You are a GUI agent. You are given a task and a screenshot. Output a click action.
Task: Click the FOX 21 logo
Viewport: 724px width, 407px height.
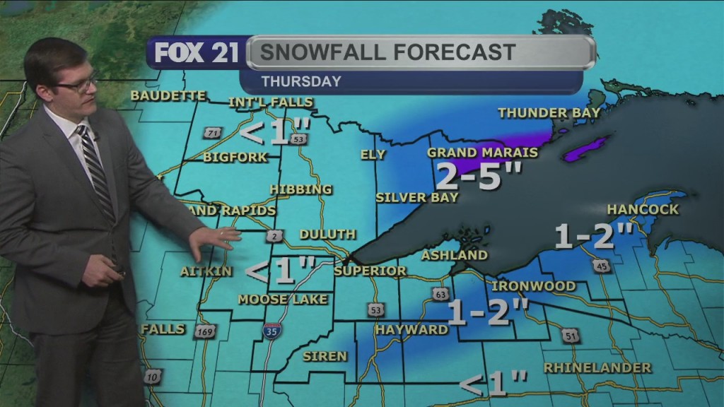point(197,54)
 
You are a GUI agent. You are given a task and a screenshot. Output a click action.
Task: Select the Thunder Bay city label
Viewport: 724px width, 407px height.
point(549,112)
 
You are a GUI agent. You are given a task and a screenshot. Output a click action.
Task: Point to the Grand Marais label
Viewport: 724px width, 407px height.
point(482,153)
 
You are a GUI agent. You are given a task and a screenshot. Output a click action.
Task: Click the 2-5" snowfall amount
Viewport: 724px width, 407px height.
point(468,175)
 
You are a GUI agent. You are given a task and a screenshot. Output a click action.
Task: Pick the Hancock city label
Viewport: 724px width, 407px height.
point(643,209)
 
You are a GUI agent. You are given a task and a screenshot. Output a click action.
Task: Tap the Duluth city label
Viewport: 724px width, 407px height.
point(327,234)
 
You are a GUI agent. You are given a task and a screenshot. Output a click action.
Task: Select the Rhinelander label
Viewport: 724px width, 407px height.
point(597,367)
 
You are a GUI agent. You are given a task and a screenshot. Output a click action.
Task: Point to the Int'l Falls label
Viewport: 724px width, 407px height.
point(270,102)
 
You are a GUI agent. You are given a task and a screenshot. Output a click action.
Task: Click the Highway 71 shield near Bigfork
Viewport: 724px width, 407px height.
point(211,133)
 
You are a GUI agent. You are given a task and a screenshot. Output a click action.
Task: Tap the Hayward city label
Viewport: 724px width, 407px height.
point(411,329)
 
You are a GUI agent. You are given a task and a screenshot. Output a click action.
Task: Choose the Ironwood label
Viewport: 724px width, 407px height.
point(533,285)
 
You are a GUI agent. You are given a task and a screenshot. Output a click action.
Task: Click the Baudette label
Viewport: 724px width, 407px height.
point(168,96)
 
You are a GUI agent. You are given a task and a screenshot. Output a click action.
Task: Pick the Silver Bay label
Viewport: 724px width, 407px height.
point(417,197)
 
